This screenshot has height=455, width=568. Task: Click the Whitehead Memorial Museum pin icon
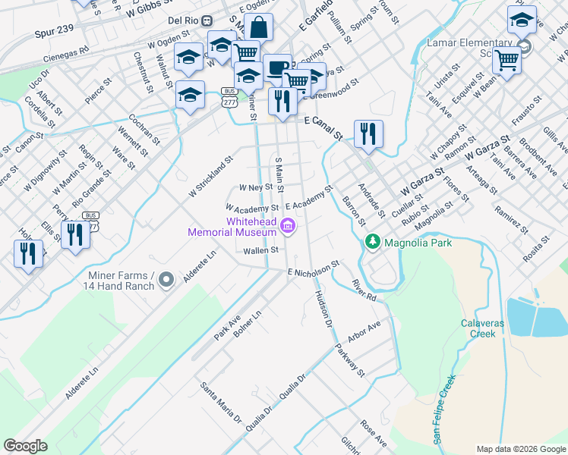[288, 226]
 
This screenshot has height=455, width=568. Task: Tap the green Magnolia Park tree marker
[372, 243]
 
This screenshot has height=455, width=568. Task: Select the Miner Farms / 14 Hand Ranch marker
[168, 280]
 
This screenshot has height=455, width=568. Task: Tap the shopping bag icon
[259, 28]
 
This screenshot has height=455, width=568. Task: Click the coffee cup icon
[277, 68]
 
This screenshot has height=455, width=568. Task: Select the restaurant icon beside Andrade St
[368, 133]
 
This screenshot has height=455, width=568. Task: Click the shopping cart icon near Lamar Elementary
[506, 61]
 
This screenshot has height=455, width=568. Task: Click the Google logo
[26, 446]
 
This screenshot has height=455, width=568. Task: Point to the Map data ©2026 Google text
[520, 449]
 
